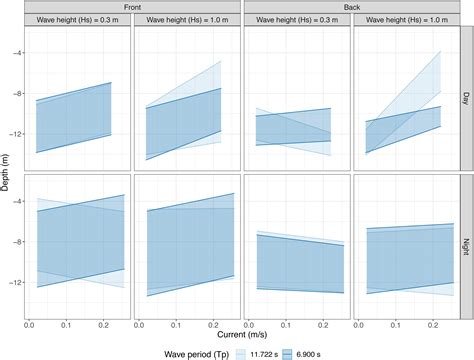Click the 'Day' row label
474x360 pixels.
pyautogui.click(x=466, y=97)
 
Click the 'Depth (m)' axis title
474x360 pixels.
pyautogui.click(x=7, y=170)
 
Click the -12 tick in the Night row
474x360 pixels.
pyautogui.click(x=12, y=282)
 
